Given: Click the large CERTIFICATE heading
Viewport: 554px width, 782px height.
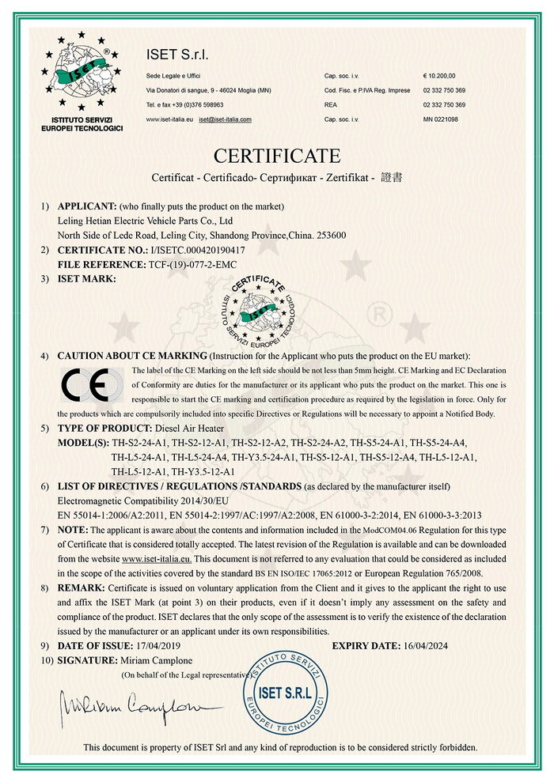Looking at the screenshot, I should click(276, 154).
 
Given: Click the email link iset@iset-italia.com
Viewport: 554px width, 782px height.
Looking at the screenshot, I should click(226, 119).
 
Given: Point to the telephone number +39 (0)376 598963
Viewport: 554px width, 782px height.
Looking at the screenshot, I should click(195, 105).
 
